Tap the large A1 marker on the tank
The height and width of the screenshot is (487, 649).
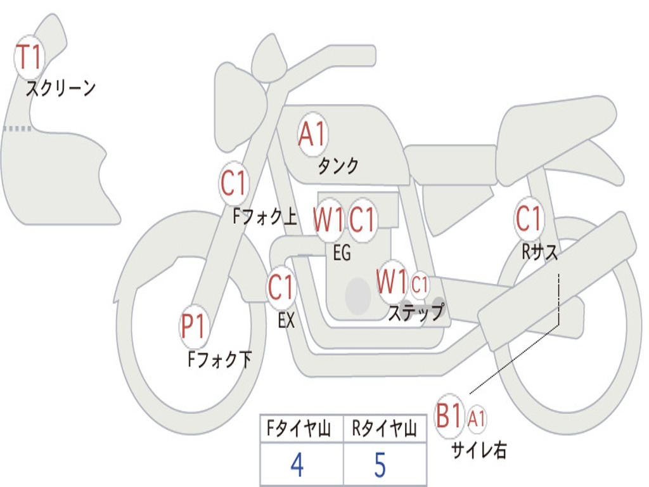tap(313, 134)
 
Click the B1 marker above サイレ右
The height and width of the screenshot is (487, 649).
tap(449, 416)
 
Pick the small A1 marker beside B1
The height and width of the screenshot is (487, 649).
tap(477, 419)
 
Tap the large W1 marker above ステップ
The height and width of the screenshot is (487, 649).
tap(392, 282)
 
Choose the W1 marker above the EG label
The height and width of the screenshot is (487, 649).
tap(329, 219)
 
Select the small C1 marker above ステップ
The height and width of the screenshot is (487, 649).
tap(420, 285)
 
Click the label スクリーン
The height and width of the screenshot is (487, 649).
tap(61, 88)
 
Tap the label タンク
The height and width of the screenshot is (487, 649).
tap(338, 166)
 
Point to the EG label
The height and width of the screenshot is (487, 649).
tap(342, 252)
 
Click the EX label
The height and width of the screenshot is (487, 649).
tap(286, 320)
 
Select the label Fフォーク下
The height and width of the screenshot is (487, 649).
tap(219, 359)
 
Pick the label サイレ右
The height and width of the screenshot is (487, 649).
tap(479, 450)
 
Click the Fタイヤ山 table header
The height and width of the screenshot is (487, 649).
tap(299, 429)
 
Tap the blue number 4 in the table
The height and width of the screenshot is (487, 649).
tap(297, 465)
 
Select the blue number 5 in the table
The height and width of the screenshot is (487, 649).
tap(380, 465)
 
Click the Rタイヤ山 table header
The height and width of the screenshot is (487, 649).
tap(385, 429)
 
